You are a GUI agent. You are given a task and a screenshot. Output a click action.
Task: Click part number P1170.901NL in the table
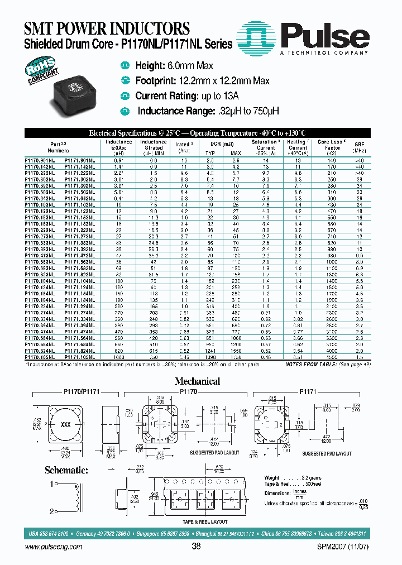pyautogui.click(x=41, y=160)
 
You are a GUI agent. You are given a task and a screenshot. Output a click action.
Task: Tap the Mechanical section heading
pyautogui.click(x=197, y=381)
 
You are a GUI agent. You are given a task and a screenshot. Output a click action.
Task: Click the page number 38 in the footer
pyautogui.click(x=196, y=547)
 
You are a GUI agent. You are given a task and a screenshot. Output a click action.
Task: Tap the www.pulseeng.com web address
pyautogui.click(x=53, y=547)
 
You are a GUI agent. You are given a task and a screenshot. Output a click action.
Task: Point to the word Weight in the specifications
pyautogui.click(x=272, y=478)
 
